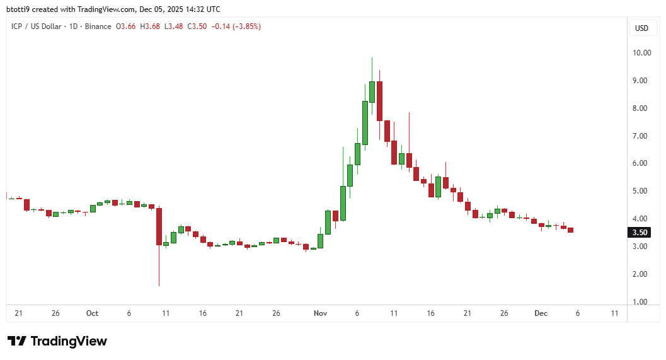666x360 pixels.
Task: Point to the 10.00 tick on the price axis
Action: pyautogui.click(x=641, y=53)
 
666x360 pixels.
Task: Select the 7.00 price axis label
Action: pyautogui.click(x=641, y=136)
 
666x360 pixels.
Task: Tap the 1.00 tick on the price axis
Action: pyautogui.click(x=641, y=302)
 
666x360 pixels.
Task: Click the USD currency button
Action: pyautogui.click(x=641, y=28)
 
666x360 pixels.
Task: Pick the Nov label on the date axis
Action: pyautogui.click(x=319, y=313)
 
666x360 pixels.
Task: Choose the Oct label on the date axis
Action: pyautogui.click(x=93, y=313)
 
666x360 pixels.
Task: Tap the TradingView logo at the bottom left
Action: pyautogui.click(x=57, y=341)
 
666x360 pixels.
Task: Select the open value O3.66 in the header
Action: pyautogui.click(x=126, y=26)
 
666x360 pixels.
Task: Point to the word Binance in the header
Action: pyautogui.click(x=98, y=26)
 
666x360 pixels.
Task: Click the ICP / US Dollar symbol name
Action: pyautogui.click(x=38, y=26)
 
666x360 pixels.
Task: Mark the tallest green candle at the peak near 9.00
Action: pyautogui.click(x=372, y=91)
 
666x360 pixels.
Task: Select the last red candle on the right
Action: pyautogui.click(x=570, y=230)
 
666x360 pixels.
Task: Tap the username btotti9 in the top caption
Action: pyautogui.click(x=19, y=9)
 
